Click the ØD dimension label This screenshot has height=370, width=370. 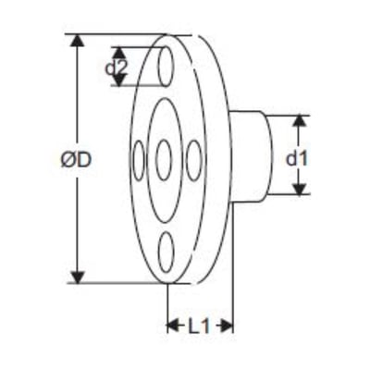pos(76,160)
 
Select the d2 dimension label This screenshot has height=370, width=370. pos(116,68)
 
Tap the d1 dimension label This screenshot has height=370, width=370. pos(297,159)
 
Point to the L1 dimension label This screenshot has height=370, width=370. pos(199,326)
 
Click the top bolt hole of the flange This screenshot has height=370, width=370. pos(166,67)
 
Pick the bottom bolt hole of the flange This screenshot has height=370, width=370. pos(166,252)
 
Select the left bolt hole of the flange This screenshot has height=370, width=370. pos(139,160)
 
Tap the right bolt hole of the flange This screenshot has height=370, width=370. pos(194,160)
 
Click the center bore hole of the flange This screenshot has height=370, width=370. pos(164,160)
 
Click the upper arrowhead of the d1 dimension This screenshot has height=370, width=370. pos(300,121)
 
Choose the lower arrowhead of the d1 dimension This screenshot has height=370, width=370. pos(300,189)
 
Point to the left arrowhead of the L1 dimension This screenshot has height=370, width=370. pos(173,326)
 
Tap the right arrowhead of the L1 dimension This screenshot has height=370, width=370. pos(226,326)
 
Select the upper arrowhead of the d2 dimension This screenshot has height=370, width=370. pos(119,54)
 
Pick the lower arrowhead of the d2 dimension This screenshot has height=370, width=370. pos(119,80)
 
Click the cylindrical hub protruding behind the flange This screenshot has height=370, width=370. pos(252,156)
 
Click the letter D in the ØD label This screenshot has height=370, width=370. pos(84,160)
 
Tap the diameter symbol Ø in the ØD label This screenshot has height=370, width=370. pos(68,160)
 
